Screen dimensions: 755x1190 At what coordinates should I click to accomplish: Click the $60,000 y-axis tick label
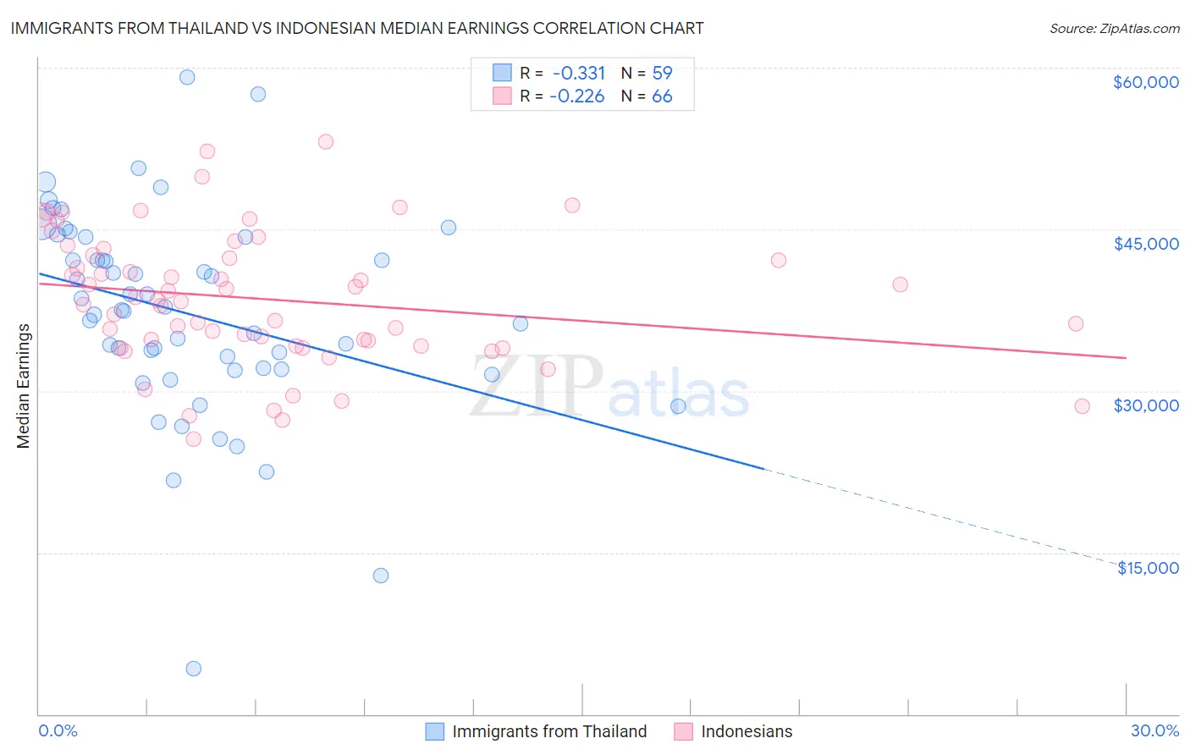[x=1145, y=82]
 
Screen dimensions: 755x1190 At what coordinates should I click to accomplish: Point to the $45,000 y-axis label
[x=1145, y=244]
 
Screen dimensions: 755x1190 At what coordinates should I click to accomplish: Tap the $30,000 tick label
[x=1145, y=405]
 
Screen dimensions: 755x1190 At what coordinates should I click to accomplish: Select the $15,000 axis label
[x=1148, y=568]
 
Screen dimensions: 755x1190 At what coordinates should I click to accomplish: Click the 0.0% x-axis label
[x=58, y=730]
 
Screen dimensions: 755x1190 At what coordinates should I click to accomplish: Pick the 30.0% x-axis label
[x=1154, y=730]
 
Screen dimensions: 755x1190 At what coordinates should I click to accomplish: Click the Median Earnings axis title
[x=23, y=386]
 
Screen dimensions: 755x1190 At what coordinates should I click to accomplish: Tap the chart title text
[x=356, y=28]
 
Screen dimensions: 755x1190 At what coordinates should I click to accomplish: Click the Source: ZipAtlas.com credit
[x=1114, y=28]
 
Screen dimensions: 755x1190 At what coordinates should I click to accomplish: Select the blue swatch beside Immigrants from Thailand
[x=435, y=731]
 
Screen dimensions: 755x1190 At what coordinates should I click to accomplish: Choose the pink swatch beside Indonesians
[x=684, y=731]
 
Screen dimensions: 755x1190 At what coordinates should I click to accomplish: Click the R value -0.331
[x=579, y=74]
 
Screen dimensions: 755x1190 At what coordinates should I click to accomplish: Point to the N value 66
[x=662, y=96]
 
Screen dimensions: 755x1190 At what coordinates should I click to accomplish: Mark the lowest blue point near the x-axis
[x=194, y=669]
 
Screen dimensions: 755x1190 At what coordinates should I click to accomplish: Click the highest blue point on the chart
[x=187, y=77]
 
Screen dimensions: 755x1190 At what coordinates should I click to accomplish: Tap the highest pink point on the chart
[x=326, y=141]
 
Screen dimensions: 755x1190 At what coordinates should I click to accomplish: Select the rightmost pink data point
[x=1082, y=406]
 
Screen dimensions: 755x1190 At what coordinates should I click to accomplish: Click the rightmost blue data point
[x=678, y=406]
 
